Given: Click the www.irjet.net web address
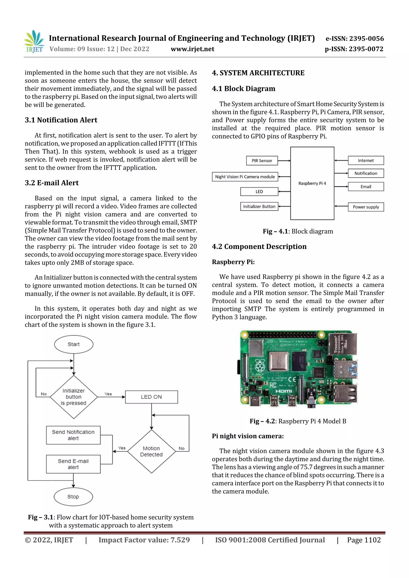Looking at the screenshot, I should (x=192, y=49).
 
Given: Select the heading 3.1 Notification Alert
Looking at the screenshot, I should (x=61, y=120).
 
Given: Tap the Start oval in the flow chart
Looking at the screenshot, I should (x=73, y=344).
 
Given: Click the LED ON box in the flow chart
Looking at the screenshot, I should (x=151, y=397).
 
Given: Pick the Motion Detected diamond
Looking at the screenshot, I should (x=151, y=451).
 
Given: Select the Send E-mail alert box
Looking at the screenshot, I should (x=73, y=464).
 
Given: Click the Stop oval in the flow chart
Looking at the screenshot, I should (x=73, y=497).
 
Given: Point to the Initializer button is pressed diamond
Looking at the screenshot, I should (x=73, y=397).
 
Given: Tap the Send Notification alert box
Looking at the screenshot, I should (x=73, y=435).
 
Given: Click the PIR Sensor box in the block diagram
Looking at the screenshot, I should (x=262, y=161).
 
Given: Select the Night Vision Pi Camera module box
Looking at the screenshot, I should (x=245, y=177).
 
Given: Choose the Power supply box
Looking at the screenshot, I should (x=366, y=207).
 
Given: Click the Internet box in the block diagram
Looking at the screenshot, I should (x=366, y=161).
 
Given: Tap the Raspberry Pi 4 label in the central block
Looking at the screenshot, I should (x=312, y=183).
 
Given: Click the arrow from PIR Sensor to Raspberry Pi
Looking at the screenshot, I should (x=284, y=161).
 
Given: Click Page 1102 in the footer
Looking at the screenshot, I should (x=364, y=540).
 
